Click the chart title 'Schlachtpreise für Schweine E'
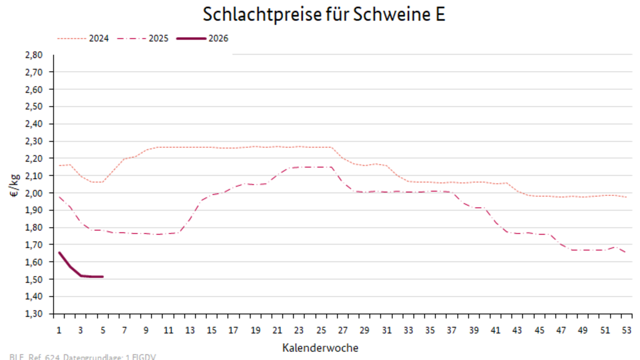pos(324,15)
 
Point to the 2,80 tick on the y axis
pos(34,55)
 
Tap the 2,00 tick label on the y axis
pos(34,193)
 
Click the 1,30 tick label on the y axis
pos(34,314)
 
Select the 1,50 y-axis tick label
pos(34,280)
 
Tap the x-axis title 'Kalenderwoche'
pos(321,347)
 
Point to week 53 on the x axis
pos(627,330)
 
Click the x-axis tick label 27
pos(343,330)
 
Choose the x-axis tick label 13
pos(190,330)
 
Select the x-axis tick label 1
pos(59,330)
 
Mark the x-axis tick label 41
pos(496,330)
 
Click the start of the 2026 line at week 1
pos(59,253)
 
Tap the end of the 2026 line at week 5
pos(102,277)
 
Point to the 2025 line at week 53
pos(626,252)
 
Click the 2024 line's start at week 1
pos(59,165)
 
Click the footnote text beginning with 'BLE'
pos(83,357)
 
